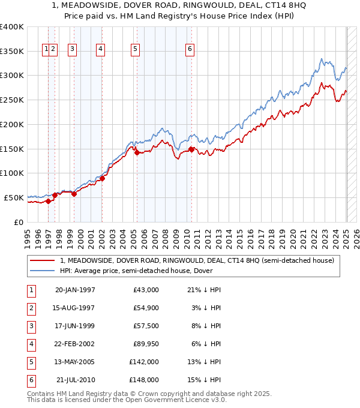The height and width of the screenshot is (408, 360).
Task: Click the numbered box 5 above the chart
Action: tap(135, 50)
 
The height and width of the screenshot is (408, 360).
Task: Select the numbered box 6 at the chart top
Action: tap(190, 50)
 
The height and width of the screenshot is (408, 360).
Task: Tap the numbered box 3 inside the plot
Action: tap(72, 50)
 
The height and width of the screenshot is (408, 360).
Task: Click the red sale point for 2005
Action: tap(137, 153)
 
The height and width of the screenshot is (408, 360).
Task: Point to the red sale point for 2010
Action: tap(191, 150)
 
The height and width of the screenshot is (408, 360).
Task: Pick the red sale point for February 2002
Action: tap(102, 178)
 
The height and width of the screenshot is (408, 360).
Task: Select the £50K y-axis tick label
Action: tap(14, 197)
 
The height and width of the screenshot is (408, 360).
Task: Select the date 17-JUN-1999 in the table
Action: tap(75, 326)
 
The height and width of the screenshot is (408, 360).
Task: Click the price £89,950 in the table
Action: tap(145, 344)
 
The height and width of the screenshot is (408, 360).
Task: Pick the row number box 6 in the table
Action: tap(29, 380)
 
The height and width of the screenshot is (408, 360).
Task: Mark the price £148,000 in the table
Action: tap(145, 380)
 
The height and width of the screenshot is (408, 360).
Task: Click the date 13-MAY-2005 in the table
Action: tap(75, 362)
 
